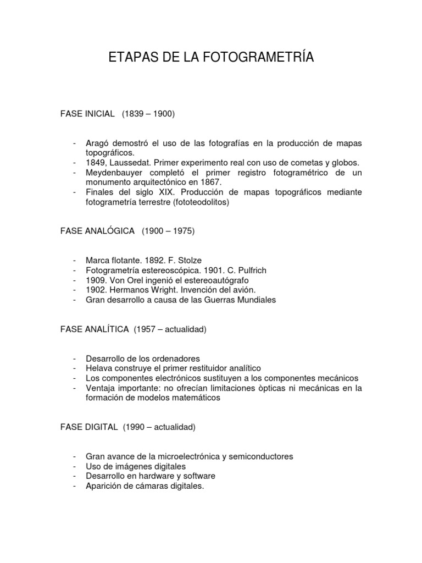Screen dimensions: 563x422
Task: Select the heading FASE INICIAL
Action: [87, 114]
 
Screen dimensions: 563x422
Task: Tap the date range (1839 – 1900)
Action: [148, 114]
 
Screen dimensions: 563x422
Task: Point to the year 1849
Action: [95, 163]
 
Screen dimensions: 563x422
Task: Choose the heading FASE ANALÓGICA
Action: [97, 231]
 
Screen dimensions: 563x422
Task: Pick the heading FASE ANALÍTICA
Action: [95, 329]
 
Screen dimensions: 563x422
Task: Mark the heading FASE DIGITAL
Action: [89, 427]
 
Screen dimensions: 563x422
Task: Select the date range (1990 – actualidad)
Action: [159, 427]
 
